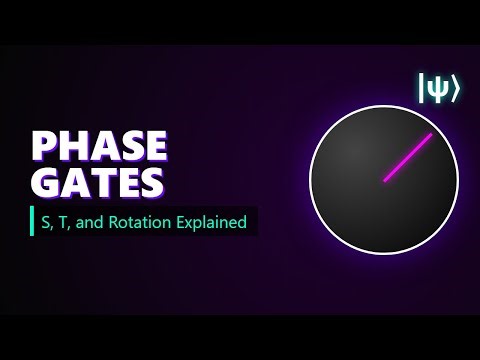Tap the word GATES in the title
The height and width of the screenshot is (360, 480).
(x=96, y=183)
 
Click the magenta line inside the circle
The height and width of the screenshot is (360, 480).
(x=408, y=157)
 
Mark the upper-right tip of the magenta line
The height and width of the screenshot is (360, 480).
(x=431, y=134)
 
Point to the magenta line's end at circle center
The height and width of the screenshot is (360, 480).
(x=385, y=180)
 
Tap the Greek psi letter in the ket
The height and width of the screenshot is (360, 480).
(x=438, y=89)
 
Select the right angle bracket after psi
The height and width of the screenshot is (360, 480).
(x=455, y=89)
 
